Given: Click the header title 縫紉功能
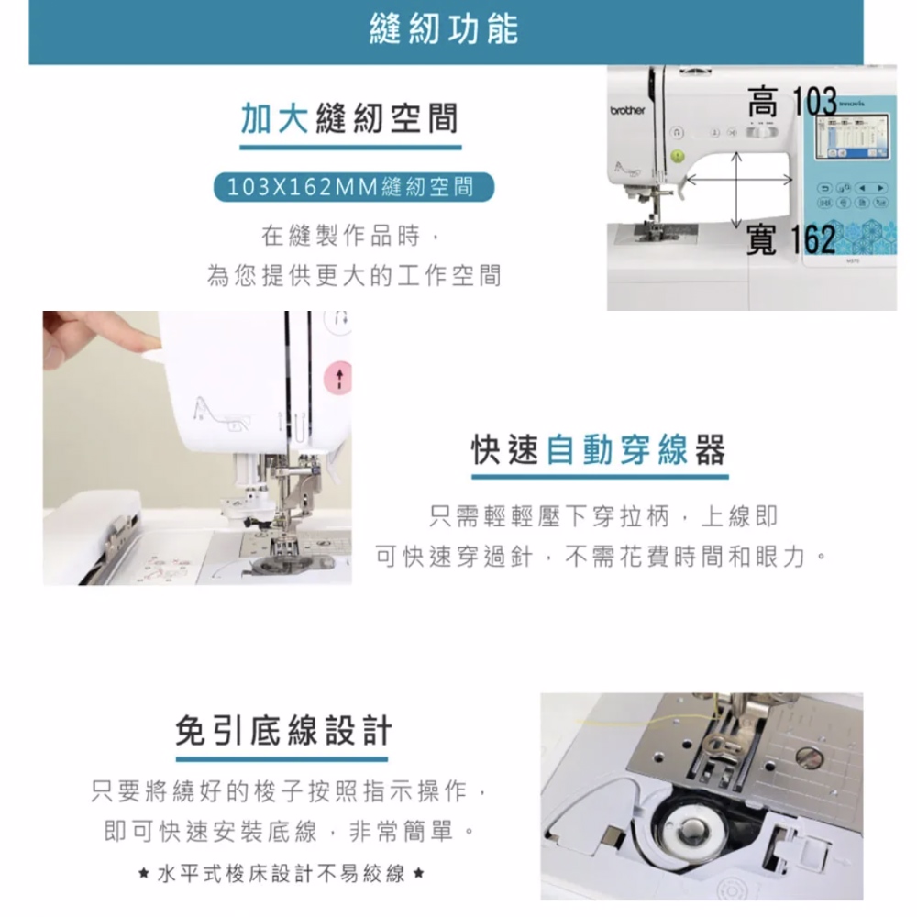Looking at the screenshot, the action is click(444, 29).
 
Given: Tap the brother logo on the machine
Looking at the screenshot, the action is click(627, 111).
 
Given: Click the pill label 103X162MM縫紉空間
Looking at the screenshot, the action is click(354, 187).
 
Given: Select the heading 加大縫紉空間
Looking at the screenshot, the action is click(349, 118).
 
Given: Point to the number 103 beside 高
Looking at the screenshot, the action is click(814, 102).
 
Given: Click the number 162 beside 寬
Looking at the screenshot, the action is click(812, 239).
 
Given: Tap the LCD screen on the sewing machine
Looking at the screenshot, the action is click(852, 137).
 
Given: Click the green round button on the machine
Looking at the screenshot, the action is click(678, 156).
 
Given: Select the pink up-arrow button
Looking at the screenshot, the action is click(338, 377).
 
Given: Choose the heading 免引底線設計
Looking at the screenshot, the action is click(283, 731).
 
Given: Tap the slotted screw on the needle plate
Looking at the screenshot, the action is click(810, 757).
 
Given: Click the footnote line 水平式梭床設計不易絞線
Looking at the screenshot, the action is click(282, 874).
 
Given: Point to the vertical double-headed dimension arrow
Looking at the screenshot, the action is click(736, 190).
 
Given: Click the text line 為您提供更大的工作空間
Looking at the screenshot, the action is click(354, 275).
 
